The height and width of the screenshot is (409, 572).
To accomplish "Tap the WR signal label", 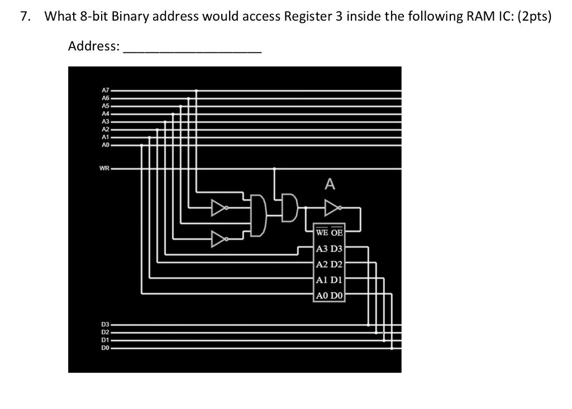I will pyautogui.click(x=104, y=168).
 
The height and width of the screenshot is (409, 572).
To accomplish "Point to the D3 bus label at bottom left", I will pyautogui.click(x=105, y=324).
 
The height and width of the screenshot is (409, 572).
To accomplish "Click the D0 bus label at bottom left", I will pyautogui.click(x=105, y=348).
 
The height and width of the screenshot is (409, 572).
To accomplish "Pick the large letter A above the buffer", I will pyautogui.click(x=330, y=184).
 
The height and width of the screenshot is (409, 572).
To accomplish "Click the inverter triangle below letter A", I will pyautogui.click(x=331, y=209).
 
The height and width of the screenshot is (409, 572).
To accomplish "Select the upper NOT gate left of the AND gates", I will pyautogui.click(x=218, y=209).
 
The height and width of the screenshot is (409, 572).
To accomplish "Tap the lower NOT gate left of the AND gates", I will pyautogui.click(x=218, y=239).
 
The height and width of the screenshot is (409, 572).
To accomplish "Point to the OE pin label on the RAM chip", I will pyautogui.click(x=337, y=232).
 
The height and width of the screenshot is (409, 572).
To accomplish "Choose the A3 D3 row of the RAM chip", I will pyautogui.click(x=330, y=249).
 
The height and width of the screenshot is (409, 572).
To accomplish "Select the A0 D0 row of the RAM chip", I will pyautogui.click(x=330, y=296).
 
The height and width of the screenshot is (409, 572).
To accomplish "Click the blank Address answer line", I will pyautogui.click(x=192, y=47).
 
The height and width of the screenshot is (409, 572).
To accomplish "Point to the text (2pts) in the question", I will pyautogui.click(x=534, y=16).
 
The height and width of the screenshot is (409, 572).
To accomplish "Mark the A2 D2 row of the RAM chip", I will pyautogui.click(x=330, y=264).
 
